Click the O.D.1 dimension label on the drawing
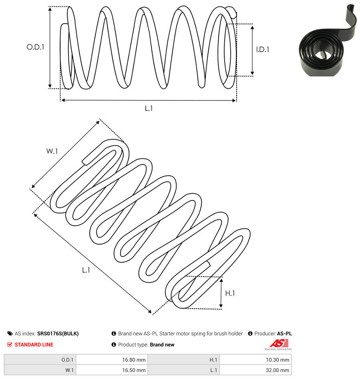click(x=35, y=47)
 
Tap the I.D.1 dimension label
click(x=263, y=50)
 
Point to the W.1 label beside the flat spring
click(x=52, y=151)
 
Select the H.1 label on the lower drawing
click(x=230, y=293)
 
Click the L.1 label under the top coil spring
click(x=149, y=108)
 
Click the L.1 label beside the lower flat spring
click(x=86, y=270)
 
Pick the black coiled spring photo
click(x=328, y=40)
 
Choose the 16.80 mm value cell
click(x=112, y=360)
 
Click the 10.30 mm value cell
click(x=255, y=360)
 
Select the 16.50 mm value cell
click(x=112, y=370)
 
